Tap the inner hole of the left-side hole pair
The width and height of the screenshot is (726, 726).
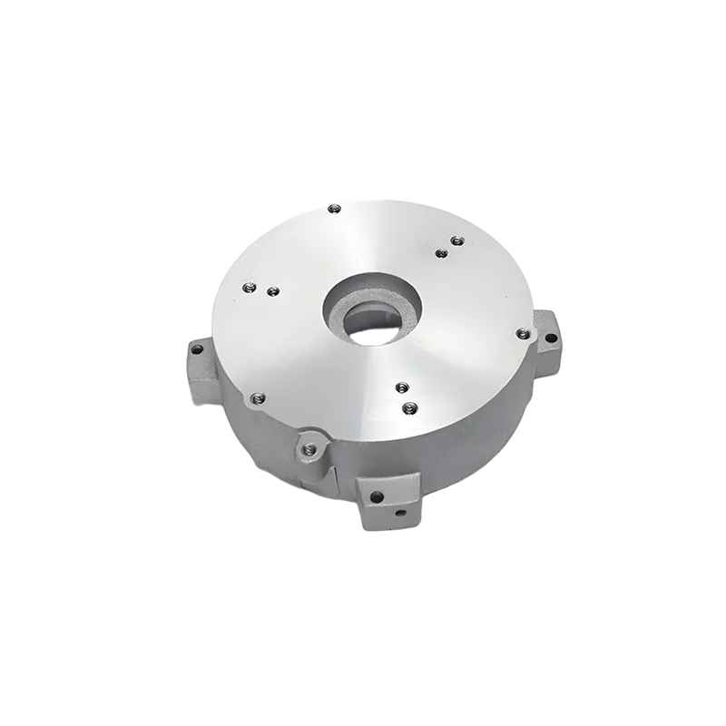[x=270, y=291]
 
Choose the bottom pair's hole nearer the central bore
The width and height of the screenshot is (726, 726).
[x=399, y=388]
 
